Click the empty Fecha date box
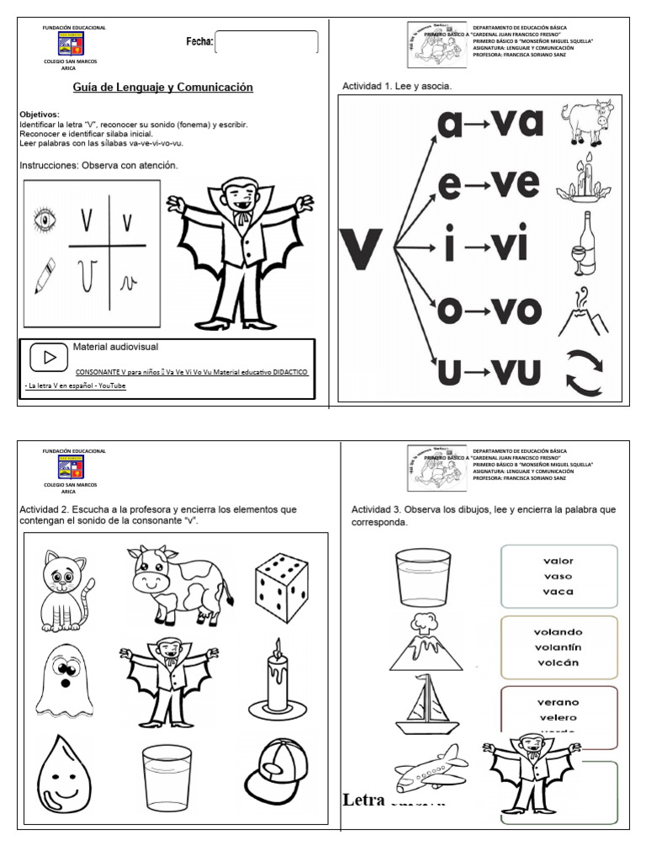pos(267,42)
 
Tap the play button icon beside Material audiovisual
pos(48,358)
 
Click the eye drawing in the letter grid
pos(45,221)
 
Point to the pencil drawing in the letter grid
pos(45,275)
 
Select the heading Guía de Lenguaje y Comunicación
pos(157,88)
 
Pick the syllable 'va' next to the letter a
pos(516,124)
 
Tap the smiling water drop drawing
pos(62,774)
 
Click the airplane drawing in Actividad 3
pos(430,770)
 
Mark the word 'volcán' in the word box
pos(558,662)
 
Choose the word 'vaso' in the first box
pos(558,577)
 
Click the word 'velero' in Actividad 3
pos(558,717)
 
